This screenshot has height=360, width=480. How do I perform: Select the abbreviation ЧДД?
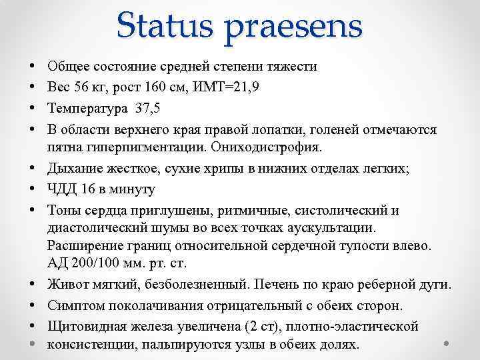63,189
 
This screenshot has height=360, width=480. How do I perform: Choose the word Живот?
67,285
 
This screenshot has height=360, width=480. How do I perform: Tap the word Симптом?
75,306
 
